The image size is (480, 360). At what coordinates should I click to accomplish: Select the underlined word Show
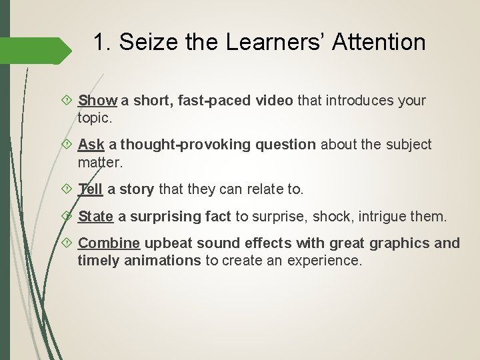97,101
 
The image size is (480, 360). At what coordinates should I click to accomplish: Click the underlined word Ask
91,145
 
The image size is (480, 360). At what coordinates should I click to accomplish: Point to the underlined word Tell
90,189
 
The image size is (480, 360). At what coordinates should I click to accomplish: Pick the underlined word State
96,216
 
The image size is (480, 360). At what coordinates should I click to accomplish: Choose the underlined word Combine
109,243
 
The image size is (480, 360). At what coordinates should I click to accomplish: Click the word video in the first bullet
271,101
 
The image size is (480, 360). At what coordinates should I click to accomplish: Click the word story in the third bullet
137,189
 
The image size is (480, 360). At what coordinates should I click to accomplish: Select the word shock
339,216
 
